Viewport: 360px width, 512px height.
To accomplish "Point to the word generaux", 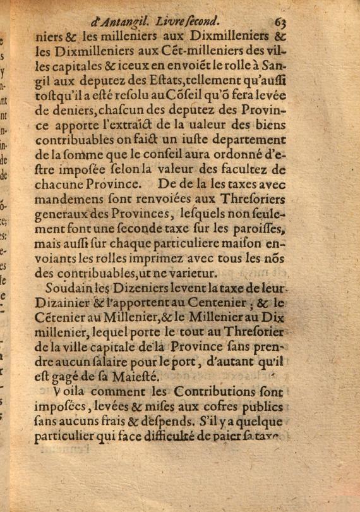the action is [65, 216].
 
